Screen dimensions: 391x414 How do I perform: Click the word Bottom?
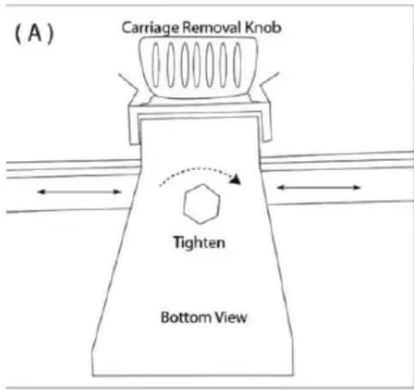coord(182,317)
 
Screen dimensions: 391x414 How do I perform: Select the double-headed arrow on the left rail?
coord(79,191)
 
